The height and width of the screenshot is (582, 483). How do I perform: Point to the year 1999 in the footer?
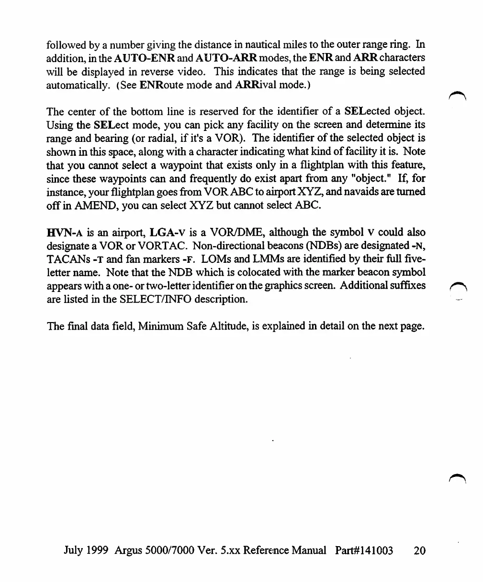coord(98,550)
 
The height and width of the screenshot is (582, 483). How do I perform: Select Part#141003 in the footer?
coord(364,550)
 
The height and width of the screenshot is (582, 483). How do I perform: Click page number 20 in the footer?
coord(419,550)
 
